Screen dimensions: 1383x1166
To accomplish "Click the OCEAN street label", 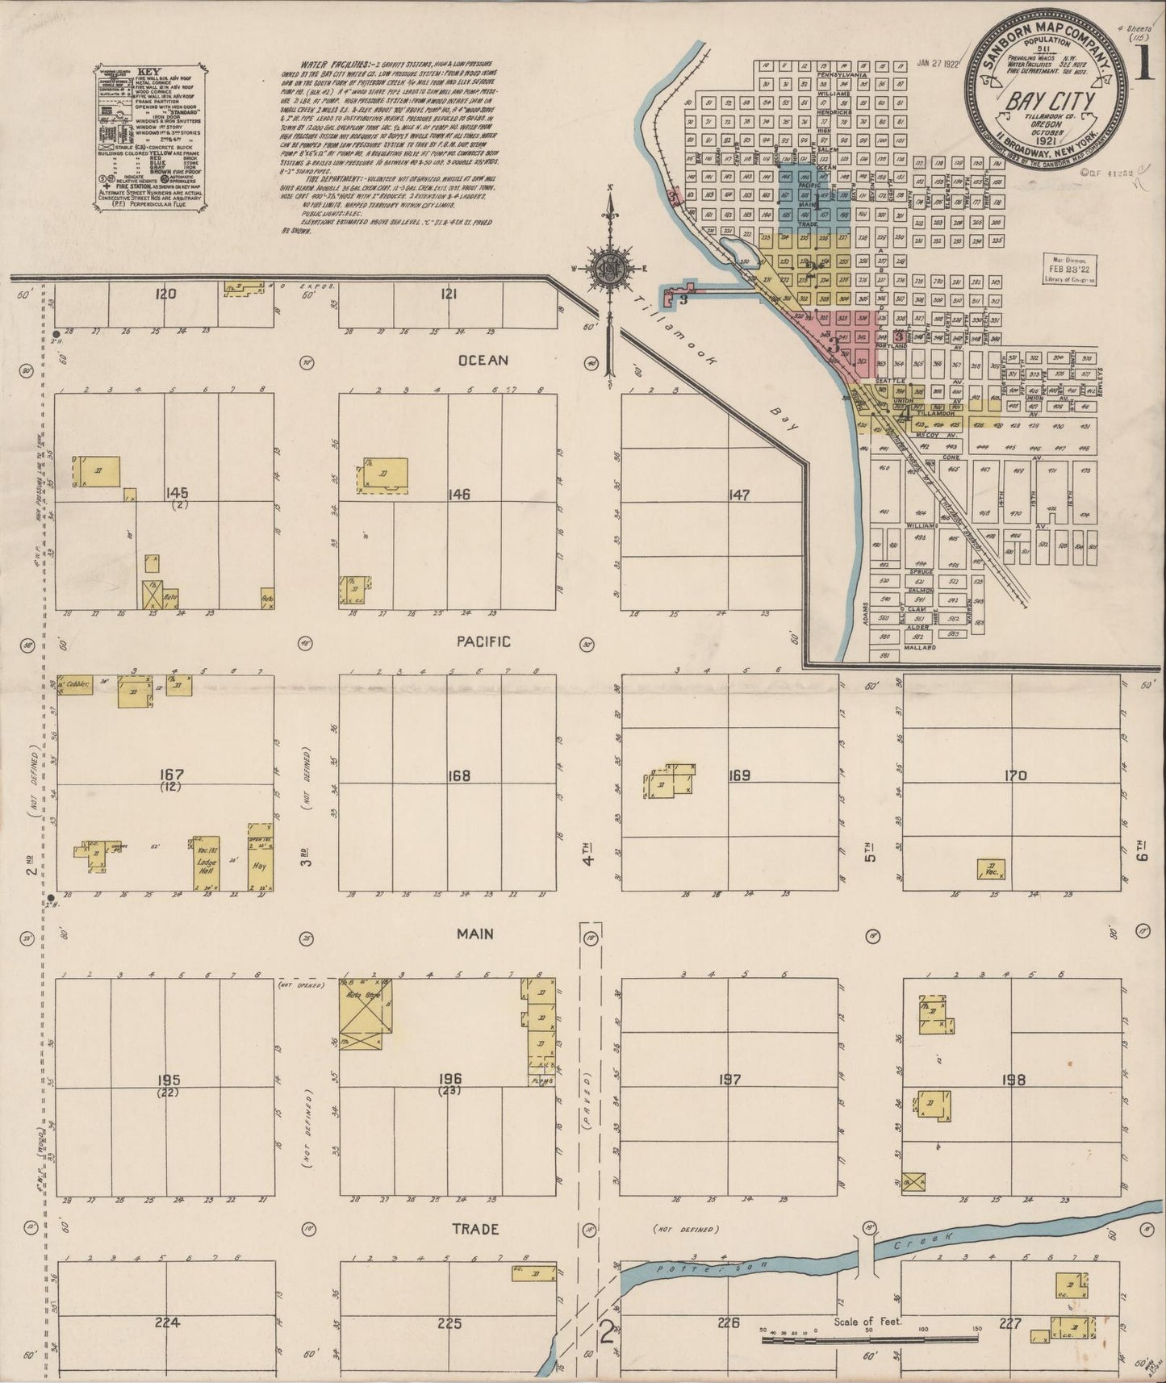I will point(483,360).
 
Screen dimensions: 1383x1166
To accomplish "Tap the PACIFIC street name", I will point(483,641).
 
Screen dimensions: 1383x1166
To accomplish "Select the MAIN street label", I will point(475,934).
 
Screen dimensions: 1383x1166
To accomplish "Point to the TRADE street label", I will point(475,1229).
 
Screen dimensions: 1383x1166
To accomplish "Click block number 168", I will point(459,776).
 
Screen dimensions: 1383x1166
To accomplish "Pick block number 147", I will point(738,495).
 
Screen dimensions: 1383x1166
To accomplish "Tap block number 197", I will point(729,1079).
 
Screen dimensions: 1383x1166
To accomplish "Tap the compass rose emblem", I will point(612,267).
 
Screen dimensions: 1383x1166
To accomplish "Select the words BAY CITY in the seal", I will point(1048,102).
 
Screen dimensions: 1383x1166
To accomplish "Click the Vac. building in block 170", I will point(991,869).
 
